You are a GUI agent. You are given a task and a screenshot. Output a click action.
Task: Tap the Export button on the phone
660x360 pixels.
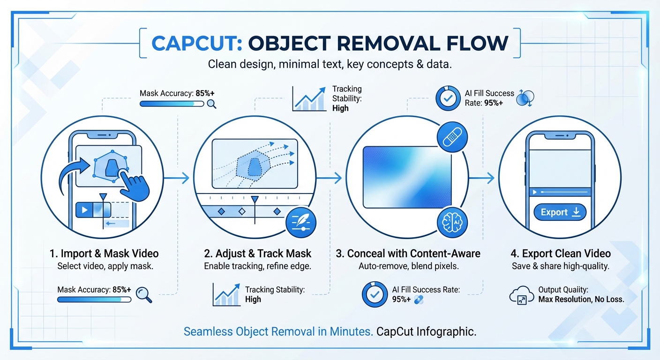(x=560, y=212)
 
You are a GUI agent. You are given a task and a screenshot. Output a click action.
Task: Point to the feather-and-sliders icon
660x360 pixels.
(x=300, y=221)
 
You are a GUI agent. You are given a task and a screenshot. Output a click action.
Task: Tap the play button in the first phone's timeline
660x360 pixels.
(x=85, y=210)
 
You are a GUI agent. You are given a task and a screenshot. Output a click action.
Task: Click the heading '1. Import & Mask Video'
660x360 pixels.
(x=104, y=254)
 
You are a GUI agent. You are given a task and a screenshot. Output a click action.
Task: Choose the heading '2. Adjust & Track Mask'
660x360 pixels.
(x=258, y=254)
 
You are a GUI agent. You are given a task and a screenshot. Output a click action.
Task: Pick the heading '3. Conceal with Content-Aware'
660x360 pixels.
(x=408, y=254)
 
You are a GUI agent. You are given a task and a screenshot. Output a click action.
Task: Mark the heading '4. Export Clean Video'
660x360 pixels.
(x=561, y=254)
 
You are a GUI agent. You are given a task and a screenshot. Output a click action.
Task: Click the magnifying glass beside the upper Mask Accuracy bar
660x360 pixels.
(x=212, y=104)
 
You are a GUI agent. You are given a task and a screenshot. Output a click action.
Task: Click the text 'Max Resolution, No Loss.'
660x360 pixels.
(x=581, y=299)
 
